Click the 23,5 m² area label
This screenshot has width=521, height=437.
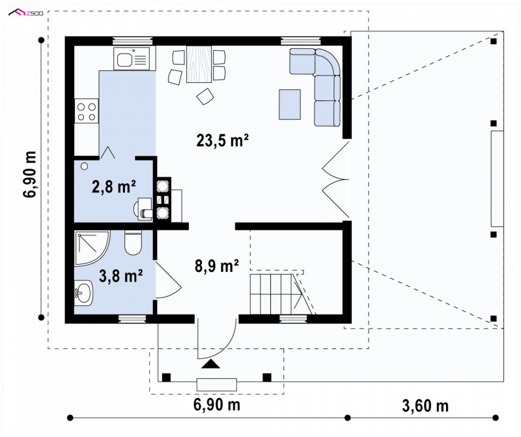pos(222,140)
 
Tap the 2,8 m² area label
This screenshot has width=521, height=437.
pos(113,187)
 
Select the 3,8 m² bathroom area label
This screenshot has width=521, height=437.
pos(121,275)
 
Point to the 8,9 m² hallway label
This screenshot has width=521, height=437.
pos(217,266)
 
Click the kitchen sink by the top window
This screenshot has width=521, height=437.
pos(135,59)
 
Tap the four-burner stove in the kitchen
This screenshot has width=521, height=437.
pos(87,111)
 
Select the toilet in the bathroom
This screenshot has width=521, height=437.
pos(134,242)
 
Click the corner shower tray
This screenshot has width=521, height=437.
pos(92,249)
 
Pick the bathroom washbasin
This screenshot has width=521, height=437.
pos(83,292)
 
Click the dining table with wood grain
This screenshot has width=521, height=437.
pos(199,64)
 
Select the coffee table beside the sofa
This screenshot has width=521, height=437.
pos(290,104)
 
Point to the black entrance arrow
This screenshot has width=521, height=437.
pos(210,364)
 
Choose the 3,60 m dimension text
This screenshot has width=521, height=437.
pos(425,406)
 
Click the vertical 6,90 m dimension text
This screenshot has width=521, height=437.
pos(30,174)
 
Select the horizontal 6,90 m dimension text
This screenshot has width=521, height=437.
pos(217,405)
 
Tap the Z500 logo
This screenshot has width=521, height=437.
pos(26,13)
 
